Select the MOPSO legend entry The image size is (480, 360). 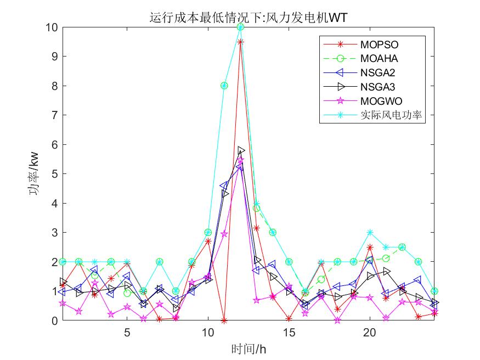[379, 43]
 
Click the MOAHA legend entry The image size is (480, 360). [379, 58]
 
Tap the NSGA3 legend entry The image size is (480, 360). [378, 87]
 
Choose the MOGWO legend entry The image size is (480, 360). [381, 101]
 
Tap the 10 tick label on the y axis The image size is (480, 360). [52, 27]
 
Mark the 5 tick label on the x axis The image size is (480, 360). [127, 333]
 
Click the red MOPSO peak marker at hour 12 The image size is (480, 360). [240, 42]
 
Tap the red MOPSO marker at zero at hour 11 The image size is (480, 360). [224, 320]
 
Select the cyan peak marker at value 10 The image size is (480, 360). [240, 27]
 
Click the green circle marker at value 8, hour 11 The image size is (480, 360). [224, 86]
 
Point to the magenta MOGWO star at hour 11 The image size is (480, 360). [224, 234]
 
